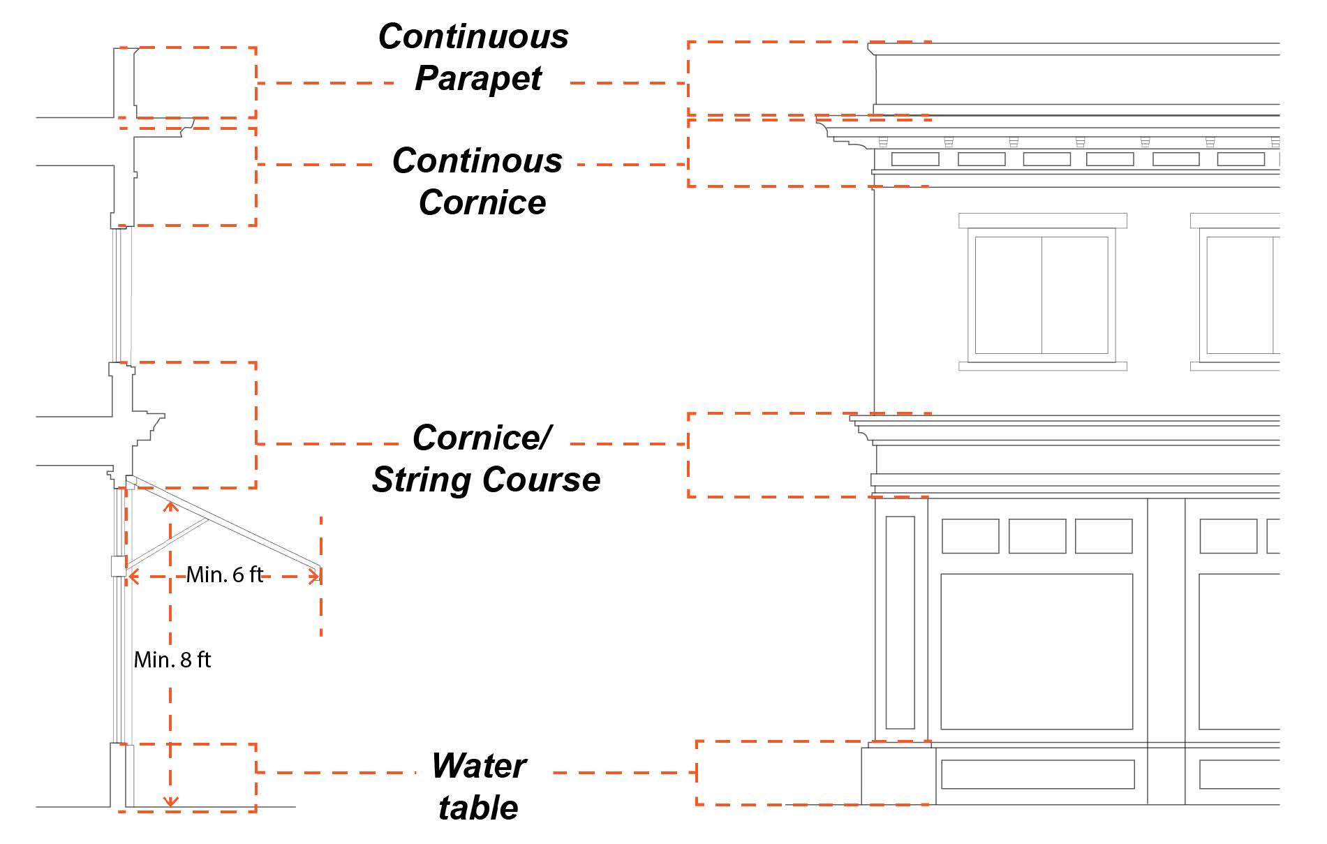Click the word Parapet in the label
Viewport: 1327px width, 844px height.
(478, 79)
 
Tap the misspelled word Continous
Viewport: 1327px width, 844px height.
(477, 161)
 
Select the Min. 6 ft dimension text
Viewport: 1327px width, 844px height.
(225, 575)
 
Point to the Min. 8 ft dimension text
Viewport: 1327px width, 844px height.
(172, 660)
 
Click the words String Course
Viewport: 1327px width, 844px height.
(486, 480)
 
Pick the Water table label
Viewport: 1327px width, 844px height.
(479, 787)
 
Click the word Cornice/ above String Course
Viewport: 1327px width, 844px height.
(482, 438)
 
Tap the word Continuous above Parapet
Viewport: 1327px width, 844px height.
(473, 37)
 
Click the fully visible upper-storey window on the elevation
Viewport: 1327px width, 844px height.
(1041, 295)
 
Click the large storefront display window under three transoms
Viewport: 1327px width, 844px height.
(1036, 651)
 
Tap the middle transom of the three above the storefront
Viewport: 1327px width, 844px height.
(1037, 536)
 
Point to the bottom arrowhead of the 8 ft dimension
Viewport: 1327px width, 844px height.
(171, 801)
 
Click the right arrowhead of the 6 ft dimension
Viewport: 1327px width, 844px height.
(316, 577)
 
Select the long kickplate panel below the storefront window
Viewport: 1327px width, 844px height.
(1037, 774)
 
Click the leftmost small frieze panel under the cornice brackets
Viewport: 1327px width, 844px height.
(914, 159)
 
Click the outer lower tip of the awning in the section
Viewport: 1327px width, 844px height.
(320, 567)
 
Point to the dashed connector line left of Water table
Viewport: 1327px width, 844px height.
(335, 772)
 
